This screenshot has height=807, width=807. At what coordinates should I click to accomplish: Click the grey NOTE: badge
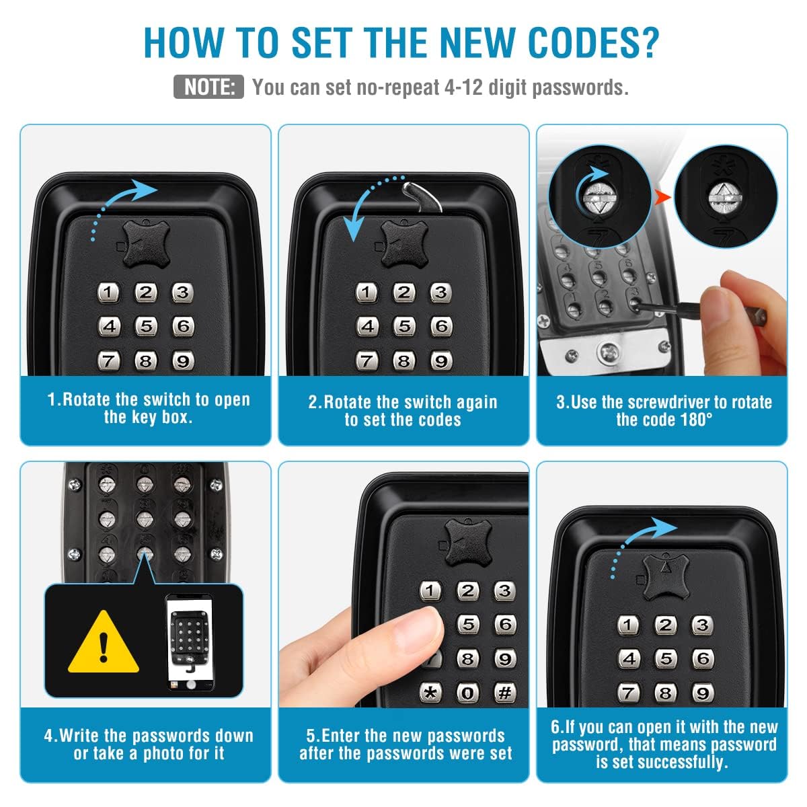tap(208, 87)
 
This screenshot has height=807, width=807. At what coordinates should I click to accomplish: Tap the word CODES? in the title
tap(593, 43)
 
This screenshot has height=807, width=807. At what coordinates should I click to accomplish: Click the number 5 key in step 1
tap(146, 326)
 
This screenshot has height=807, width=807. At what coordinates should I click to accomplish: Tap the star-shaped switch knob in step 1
tap(146, 244)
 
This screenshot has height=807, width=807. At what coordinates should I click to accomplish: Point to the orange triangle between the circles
tap(662, 196)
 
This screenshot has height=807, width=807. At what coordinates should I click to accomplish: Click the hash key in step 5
tap(504, 693)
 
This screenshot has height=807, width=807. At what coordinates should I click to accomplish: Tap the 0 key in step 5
tap(467, 694)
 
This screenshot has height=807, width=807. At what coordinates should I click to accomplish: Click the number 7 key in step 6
tap(628, 693)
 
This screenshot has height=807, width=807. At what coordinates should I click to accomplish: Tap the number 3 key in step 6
tap(702, 625)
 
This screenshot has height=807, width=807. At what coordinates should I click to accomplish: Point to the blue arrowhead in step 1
tap(144, 190)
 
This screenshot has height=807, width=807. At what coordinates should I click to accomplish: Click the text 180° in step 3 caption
tap(697, 420)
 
